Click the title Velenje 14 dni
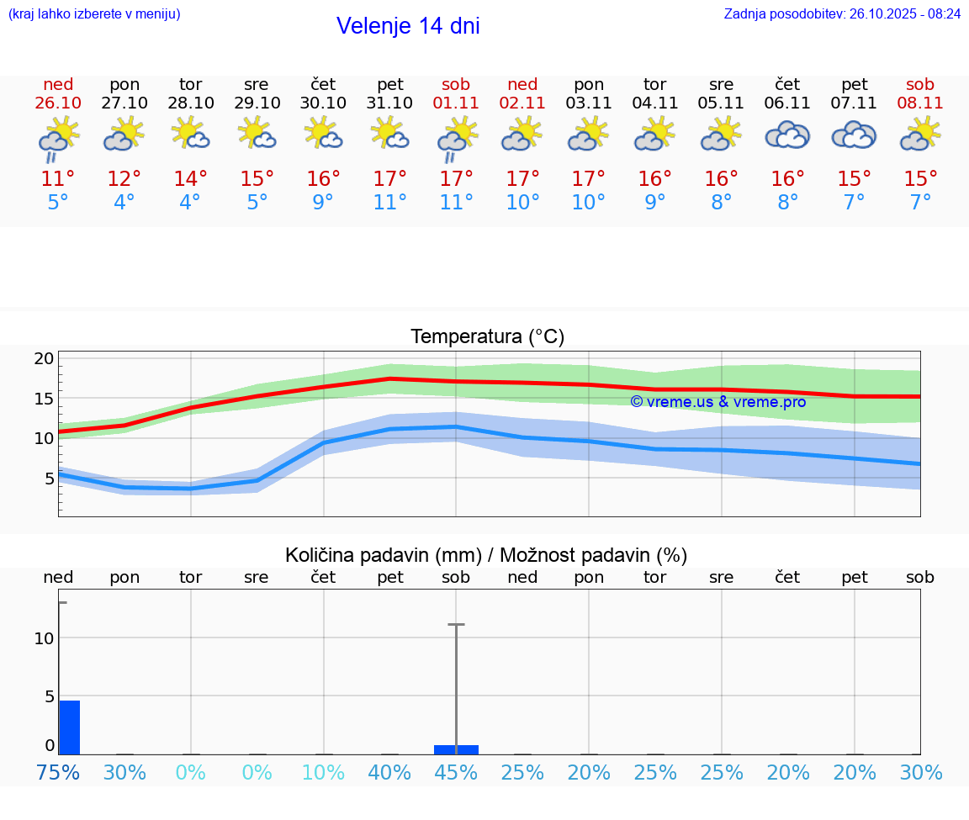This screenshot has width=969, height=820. pyautogui.click(x=408, y=26)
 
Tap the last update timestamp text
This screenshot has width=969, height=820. pyautogui.click(x=842, y=14)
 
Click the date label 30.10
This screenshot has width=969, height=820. pyautogui.click(x=323, y=103)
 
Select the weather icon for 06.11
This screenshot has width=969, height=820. pyautogui.click(x=787, y=135)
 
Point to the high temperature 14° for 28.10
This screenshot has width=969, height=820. pyautogui.click(x=190, y=179)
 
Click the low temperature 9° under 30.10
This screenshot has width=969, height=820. pyautogui.click(x=323, y=203)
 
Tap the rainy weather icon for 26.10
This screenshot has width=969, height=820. pyautogui.click(x=58, y=138)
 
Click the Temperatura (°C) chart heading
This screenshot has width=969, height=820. pyautogui.click(x=487, y=337)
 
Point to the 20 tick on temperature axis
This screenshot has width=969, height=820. pyautogui.click(x=44, y=358)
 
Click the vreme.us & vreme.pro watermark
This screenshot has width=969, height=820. pyautogui.click(x=717, y=402)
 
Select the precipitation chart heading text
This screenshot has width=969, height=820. pyautogui.click(x=486, y=555)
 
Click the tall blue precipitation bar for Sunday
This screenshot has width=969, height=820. pyautogui.click(x=69, y=727)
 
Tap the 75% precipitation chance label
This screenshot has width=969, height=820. pyautogui.click(x=58, y=773)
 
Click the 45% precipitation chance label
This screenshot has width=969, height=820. pyautogui.click(x=456, y=773)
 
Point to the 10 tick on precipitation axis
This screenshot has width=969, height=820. pyautogui.click(x=44, y=638)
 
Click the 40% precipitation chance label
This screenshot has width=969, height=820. pyautogui.click(x=389, y=773)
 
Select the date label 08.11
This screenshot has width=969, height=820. pyautogui.click(x=920, y=103)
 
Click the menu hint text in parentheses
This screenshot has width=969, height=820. pyautogui.click(x=94, y=14)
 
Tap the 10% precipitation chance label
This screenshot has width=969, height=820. pyautogui.click(x=323, y=773)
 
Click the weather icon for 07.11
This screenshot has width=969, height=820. pyautogui.click(x=854, y=135)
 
